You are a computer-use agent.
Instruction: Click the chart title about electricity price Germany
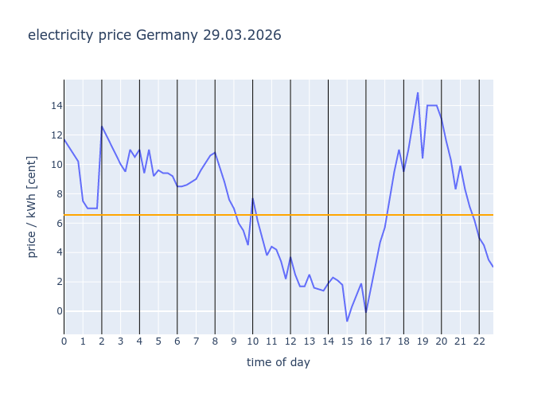[x=154, y=36]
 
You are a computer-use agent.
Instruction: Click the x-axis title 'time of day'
[x=278, y=362]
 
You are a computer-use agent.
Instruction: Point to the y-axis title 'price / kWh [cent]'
[x=33, y=207]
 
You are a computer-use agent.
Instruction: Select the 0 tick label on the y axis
[x=54, y=311]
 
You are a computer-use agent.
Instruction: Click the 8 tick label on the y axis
[x=54, y=194]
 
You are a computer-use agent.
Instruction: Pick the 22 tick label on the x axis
[x=479, y=341]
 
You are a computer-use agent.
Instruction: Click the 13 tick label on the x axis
[x=309, y=341]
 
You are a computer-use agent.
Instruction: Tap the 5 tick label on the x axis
[x=158, y=341]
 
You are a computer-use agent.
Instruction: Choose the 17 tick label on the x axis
[x=384, y=341]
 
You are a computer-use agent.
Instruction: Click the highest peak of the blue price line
[x=418, y=92]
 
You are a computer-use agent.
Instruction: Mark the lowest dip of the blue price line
[x=347, y=321]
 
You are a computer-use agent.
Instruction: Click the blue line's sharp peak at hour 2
[x=102, y=126]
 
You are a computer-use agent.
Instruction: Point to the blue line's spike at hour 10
[x=253, y=198]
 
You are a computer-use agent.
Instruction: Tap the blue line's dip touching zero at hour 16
[x=366, y=311]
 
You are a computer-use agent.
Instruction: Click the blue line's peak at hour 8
[x=215, y=152]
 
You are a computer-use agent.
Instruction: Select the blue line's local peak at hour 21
[x=460, y=166]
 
